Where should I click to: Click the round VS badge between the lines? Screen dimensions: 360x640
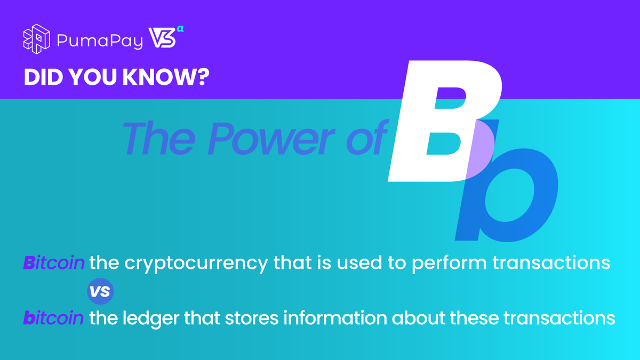pyautogui.click(x=100, y=291)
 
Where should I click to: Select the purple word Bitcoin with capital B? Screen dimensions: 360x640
pyautogui.click(x=53, y=263)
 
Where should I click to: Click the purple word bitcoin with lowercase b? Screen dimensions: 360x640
pyautogui.click(x=53, y=319)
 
